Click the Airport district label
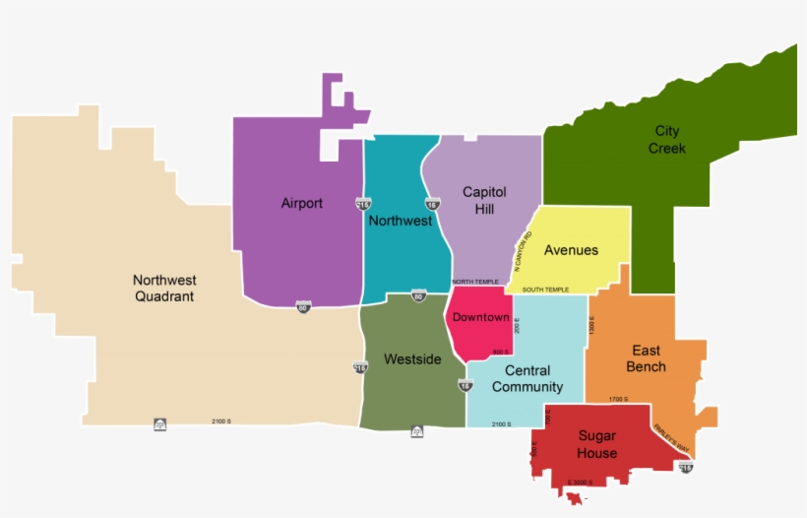[x=301, y=204]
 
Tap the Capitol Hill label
[x=484, y=200]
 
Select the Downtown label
[x=481, y=318]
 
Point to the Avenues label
[x=571, y=250]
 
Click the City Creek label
[x=667, y=140]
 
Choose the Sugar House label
[x=597, y=444]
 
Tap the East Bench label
[x=647, y=358]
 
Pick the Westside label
[x=412, y=359]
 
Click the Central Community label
[x=528, y=379]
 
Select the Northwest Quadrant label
[x=164, y=289]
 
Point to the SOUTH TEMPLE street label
[x=545, y=290]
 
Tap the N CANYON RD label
[x=522, y=251]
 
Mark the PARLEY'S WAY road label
[x=672, y=440]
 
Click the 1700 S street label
[x=618, y=399]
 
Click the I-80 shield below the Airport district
[x=303, y=308]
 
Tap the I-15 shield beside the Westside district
[x=466, y=385]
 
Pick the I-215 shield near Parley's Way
[x=686, y=467]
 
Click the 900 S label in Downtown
[x=500, y=352]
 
